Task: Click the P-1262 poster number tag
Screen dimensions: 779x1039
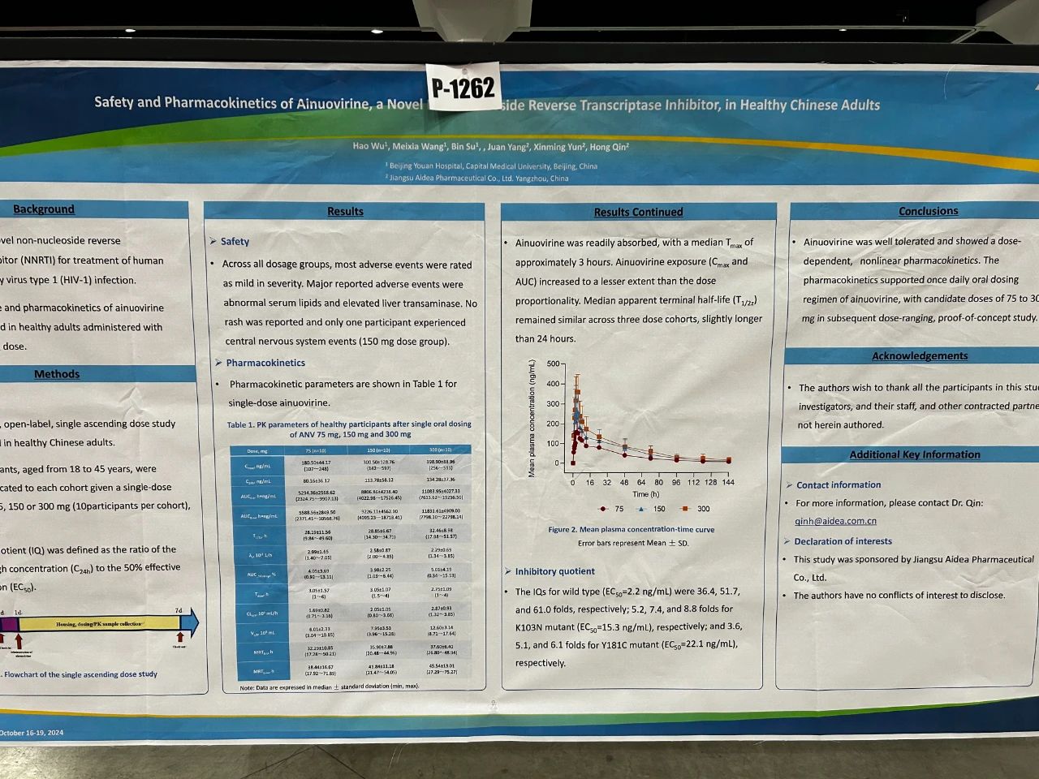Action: [462, 87]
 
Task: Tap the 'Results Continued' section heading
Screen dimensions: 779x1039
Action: [638, 213]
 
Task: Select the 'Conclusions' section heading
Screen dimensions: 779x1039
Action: [928, 211]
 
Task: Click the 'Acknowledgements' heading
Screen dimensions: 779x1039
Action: [920, 356]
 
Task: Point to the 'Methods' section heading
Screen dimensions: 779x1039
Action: [57, 374]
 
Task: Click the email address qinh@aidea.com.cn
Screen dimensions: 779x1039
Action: [835, 521]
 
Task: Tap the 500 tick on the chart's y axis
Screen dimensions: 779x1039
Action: [553, 364]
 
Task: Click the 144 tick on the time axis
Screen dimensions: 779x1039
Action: [727, 482]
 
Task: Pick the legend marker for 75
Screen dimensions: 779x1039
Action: [603, 509]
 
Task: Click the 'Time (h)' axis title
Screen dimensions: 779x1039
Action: [646, 494]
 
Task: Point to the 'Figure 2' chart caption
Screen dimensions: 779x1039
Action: [632, 529]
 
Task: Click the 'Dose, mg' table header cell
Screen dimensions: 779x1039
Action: [257, 450]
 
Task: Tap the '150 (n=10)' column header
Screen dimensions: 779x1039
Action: [378, 450]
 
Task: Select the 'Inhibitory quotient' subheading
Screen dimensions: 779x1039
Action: [554, 571]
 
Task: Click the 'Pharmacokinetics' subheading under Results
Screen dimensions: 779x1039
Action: [265, 363]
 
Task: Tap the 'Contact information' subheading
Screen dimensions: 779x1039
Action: [839, 485]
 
